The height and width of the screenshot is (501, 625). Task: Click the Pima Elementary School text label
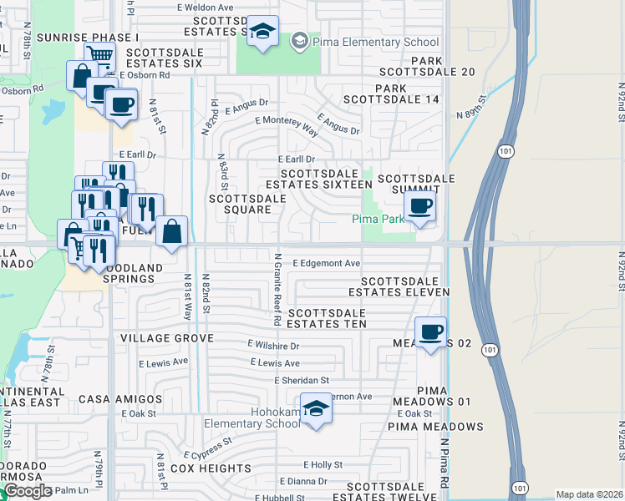[374, 42]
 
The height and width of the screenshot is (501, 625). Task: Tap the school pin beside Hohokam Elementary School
[316, 409]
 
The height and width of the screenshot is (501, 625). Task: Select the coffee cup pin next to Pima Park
[420, 206]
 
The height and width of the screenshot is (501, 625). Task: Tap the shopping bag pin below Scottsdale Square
[171, 232]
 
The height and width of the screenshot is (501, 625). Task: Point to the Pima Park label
[375, 219]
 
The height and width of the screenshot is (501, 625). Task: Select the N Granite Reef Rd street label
[277, 288]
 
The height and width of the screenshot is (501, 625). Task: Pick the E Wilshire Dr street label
[273, 345]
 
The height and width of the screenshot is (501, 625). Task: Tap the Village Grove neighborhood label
[166, 338]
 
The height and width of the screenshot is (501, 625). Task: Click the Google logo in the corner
[27, 491]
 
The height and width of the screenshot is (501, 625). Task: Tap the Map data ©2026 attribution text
[589, 494]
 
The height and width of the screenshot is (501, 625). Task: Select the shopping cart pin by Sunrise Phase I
[99, 55]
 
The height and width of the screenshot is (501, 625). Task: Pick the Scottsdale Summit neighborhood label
[416, 185]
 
